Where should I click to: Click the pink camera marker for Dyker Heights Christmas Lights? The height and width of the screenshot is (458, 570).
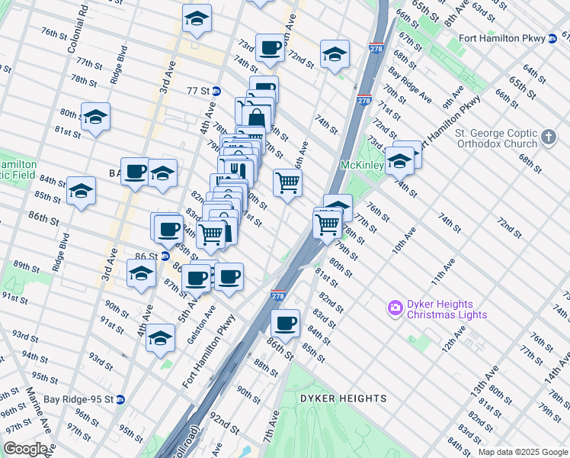point(395,308)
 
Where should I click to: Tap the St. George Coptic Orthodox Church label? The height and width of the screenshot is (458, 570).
point(496,138)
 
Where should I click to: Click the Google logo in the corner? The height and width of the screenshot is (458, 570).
point(24,449)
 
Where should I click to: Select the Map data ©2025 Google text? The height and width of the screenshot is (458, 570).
point(522,452)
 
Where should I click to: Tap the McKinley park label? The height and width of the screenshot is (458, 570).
point(360,165)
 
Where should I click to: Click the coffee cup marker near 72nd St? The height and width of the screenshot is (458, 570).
point(270,48)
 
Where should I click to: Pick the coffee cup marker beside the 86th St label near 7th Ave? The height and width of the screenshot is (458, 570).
point(286,323)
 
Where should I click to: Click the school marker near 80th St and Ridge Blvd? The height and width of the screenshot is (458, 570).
point(95,117)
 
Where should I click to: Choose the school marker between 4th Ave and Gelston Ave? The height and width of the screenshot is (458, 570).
point(160,338)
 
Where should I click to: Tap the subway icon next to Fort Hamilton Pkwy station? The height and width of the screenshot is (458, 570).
point(552,38)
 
